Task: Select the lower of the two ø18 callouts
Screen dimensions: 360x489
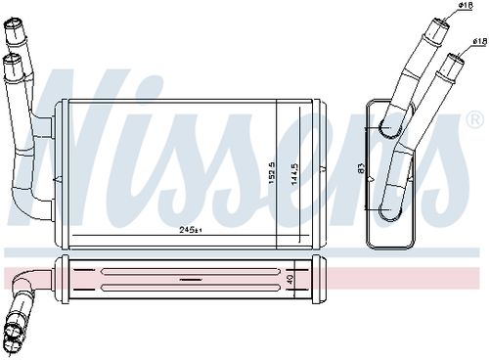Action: tap(478, 41)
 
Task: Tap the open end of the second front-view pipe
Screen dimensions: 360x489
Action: tap(13, 63)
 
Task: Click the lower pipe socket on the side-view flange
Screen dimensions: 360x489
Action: tap(389, 207)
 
